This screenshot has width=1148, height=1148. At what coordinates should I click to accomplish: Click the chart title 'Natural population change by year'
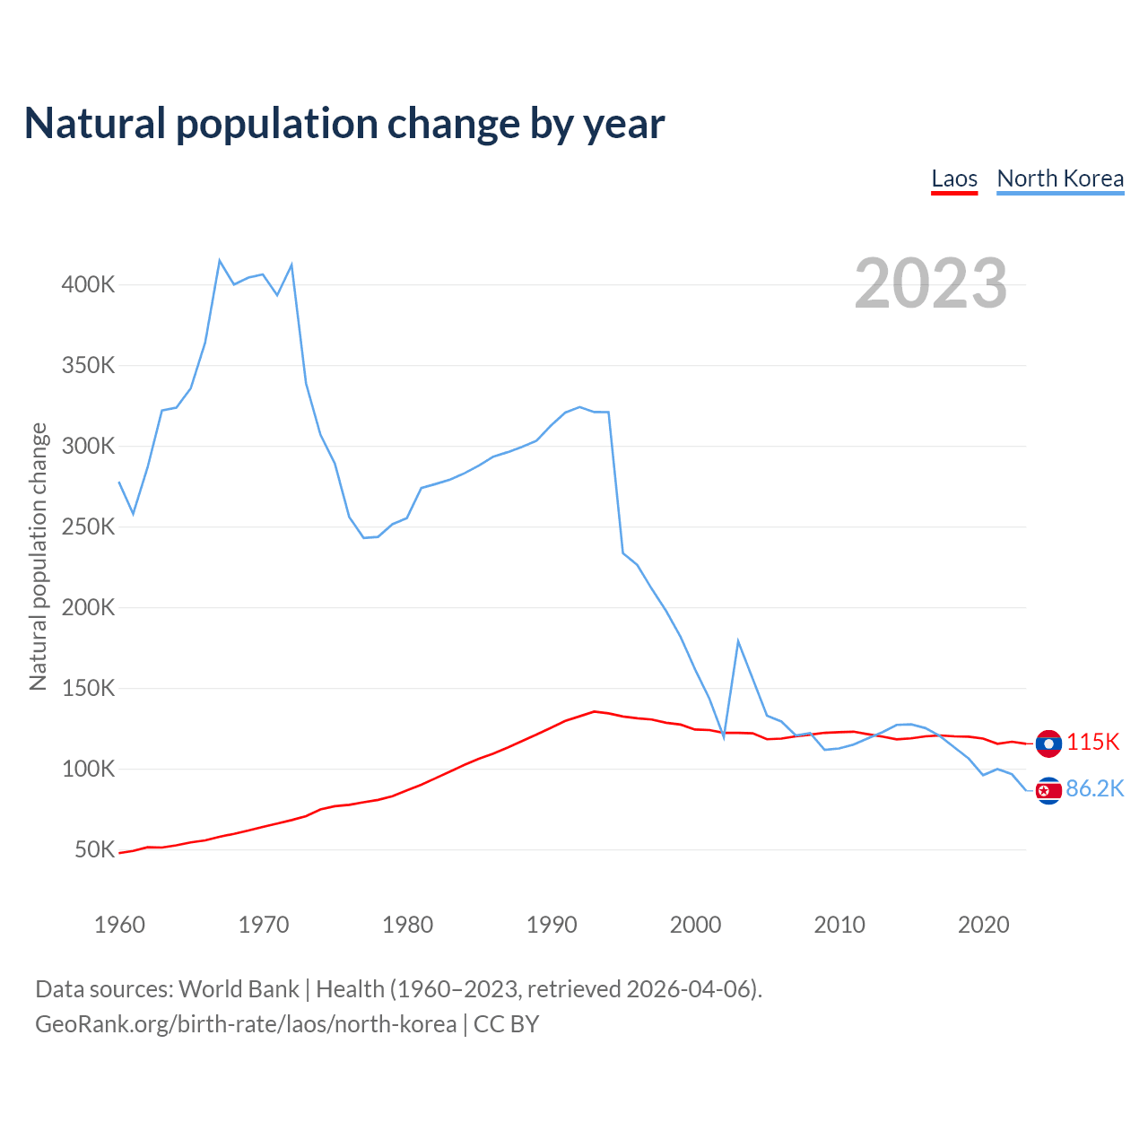tap(344, 124)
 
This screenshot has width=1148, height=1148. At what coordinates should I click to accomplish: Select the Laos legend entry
tap(954, 178)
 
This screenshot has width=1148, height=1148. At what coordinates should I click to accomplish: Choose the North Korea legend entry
tap(1060, 178)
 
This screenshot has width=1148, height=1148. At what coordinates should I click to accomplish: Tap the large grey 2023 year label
tap(930, 283)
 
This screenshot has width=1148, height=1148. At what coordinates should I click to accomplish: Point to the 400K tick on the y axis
tap(88, 285)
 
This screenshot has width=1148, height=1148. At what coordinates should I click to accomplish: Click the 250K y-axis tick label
tap(88, 527)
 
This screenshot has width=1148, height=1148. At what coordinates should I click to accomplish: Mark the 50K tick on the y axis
tap(94, 849)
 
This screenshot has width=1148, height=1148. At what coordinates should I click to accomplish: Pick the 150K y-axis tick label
tap(88, 689)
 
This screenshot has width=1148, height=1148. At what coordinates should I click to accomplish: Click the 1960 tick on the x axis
tap(119, 925)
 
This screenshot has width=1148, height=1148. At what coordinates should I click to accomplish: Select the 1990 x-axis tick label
tap(552, 925)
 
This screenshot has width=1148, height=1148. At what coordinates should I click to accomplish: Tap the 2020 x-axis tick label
tap(983, 925)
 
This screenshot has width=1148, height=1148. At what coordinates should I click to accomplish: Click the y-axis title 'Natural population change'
tap(39, 557)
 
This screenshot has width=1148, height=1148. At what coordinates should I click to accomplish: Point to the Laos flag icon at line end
tap(1048, 744)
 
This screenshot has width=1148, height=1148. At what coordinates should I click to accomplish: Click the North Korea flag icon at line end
tap(1048, 790)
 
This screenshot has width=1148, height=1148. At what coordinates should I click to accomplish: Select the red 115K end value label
tap(1093, 743)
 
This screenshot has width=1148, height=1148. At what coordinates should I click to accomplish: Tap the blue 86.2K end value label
tap(1094, 789)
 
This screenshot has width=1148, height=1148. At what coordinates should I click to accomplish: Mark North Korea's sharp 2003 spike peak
tap(738, 641)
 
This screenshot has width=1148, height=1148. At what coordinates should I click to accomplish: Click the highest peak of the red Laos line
tap(595, 711)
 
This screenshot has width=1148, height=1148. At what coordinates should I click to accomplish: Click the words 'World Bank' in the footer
tap(239, 989)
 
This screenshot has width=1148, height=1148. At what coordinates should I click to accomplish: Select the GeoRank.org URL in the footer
tap(246, 1024)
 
